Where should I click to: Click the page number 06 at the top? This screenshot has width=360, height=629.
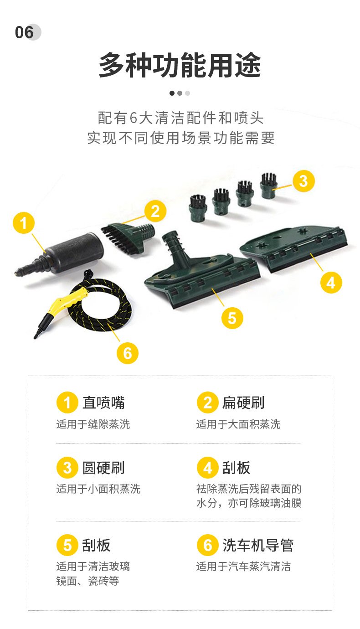[x=25, y=32]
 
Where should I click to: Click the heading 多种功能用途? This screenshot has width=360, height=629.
[x=180, y=65]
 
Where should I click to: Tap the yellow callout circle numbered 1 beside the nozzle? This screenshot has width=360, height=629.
[x=24, y=223]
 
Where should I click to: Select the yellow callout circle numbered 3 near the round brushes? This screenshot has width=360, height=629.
[x=303, y=181]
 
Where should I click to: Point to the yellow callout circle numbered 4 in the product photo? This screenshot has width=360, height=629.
[x=331, y=283]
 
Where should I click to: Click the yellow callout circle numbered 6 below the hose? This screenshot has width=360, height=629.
[x=128, y=353]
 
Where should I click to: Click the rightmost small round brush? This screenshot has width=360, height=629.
[x=269, y=186]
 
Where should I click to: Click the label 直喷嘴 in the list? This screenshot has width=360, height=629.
[x=103, y=402]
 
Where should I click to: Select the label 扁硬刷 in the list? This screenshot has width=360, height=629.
[x=243, y=402]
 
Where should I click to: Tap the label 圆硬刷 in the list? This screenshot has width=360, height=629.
[x=103, y=468]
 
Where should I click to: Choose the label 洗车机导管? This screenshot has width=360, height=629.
[x=258, y=545]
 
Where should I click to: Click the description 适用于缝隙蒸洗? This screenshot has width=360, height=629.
[x=93, y=424]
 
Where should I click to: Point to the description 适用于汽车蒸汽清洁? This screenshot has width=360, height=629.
[x=243, y=567]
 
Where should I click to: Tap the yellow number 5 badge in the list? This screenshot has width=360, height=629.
[x=67, y=545]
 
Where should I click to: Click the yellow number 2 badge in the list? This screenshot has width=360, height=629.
[x=207, y=402]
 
